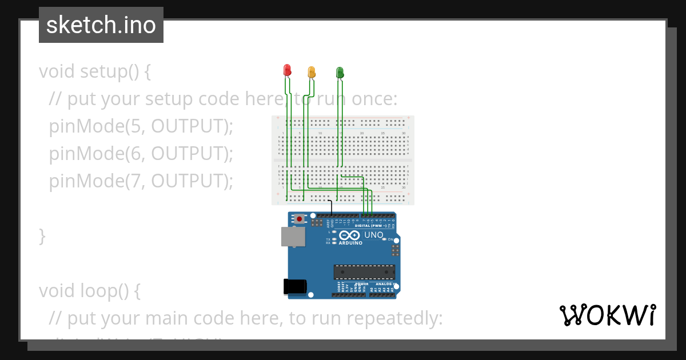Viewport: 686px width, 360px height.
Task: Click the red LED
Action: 288,70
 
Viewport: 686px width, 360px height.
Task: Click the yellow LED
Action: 312,72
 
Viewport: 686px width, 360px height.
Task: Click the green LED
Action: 340,72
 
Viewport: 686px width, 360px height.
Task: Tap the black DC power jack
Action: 295,286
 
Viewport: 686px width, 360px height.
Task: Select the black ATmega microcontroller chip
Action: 365,273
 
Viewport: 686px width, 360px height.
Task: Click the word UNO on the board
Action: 374,235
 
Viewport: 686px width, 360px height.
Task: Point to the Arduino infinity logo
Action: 349,235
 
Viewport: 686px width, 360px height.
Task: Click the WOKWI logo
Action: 607,315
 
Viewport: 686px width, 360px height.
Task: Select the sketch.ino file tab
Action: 101,25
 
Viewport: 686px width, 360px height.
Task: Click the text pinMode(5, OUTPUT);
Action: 141,126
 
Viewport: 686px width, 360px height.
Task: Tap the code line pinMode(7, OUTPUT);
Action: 141,181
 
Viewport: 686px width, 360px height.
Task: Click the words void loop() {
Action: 89,291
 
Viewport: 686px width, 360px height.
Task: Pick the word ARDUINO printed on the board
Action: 350,243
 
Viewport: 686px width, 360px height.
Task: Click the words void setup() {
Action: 94,71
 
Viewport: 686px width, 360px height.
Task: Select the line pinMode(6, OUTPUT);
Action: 141,154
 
